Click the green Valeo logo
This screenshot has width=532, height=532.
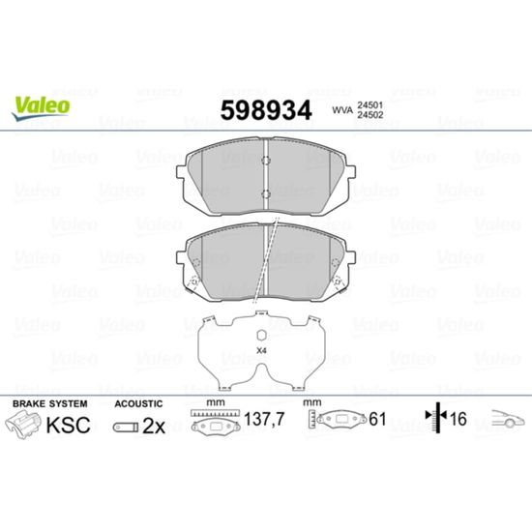[41, 107]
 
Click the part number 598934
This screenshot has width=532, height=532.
[266, 110]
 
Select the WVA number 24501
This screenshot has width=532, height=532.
[370, 105]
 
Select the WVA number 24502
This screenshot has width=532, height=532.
[370, 115]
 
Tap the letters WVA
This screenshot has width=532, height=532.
[342, 110]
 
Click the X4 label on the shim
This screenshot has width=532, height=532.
[261, 351]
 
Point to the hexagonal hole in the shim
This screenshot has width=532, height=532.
[261, 336]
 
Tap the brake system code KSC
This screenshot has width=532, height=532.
[69, 426]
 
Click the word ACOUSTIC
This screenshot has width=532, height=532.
[138, 403]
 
